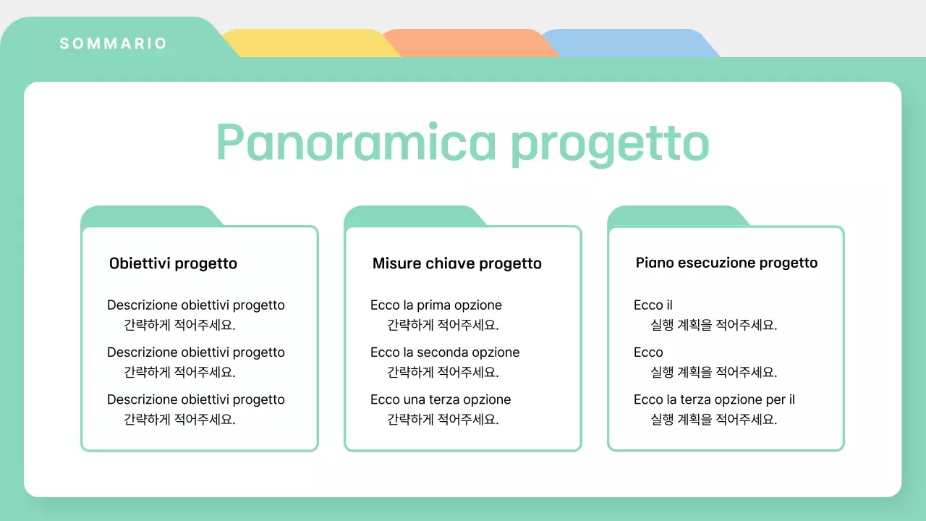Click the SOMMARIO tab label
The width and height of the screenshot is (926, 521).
click(114, 43)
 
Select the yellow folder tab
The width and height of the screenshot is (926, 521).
click(307, 43)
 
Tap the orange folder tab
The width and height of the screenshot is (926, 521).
click(467, 43)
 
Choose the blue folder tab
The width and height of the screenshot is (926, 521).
click(626, 43)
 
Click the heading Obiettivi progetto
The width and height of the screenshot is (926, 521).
click(173, 263)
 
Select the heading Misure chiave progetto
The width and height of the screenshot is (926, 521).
click(456, 263)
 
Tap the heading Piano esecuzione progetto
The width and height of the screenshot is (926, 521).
click(726, 263)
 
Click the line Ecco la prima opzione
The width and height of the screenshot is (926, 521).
click(436, 305)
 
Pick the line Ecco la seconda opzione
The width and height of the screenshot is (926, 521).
click(444, 352)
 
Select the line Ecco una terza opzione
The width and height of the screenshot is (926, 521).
click(440, 399)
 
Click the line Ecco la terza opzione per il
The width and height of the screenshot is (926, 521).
click(714, 399)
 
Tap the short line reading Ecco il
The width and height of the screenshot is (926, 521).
click(653, 305)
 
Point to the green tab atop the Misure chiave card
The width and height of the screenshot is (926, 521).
click(413, 216)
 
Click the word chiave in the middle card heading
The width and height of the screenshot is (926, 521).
click(450, 263)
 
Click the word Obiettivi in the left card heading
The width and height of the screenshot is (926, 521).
click(138, 263)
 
